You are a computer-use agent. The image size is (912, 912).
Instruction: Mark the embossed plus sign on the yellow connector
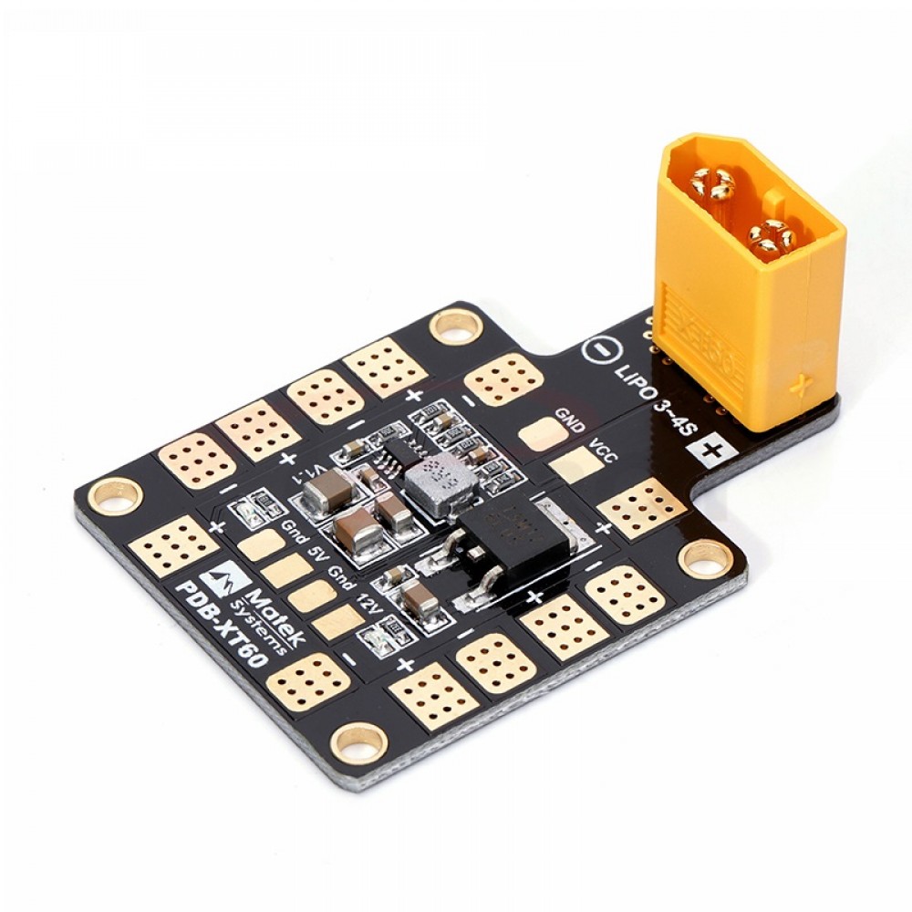pyautogui.click(x=803, y=382)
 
